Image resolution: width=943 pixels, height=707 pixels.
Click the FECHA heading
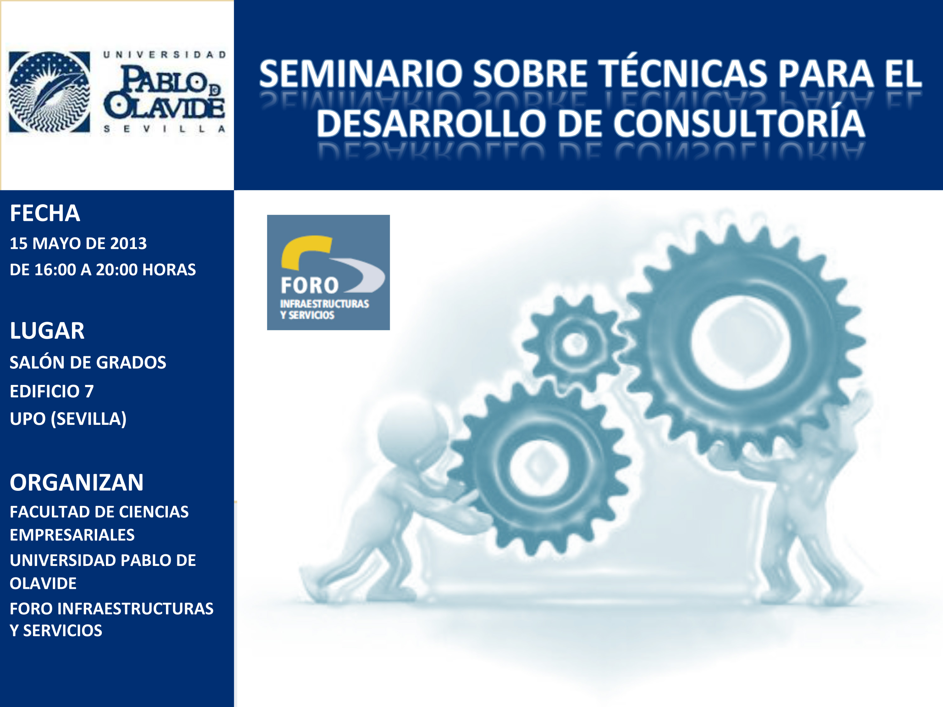(x=45, y=213)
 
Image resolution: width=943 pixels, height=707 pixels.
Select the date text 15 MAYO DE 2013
(x=78, y=243)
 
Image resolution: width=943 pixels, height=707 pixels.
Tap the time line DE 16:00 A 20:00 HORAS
(x=103, y=270)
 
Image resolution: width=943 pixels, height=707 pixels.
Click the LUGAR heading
(x=47, y=331)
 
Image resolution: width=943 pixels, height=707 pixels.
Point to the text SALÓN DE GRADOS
(x=88, y=362)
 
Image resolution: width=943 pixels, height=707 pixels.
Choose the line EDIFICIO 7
(x=52, y=391)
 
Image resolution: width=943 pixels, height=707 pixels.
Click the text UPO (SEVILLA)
(x=68, y=419)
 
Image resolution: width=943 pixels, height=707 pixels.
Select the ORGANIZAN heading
(x=77, y=482)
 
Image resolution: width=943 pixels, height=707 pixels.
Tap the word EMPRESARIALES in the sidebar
(x=72, y=535)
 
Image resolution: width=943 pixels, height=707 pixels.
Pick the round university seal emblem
(x=49, y=92)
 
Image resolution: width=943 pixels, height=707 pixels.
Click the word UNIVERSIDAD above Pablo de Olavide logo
(x=165, y=55)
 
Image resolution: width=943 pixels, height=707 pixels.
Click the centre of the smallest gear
(x=575, y=343)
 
